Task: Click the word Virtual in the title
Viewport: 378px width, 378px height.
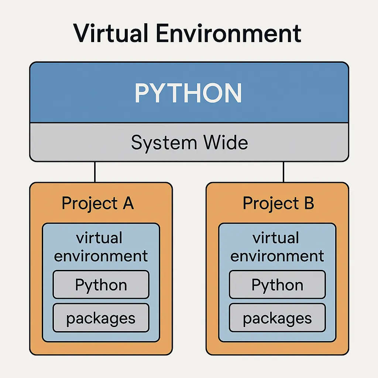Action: pyautogui.click(x=110, y=33)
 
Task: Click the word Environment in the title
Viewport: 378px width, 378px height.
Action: pyautogui.click(x=228, y=33)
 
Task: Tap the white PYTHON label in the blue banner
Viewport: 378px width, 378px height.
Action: pyautogui.click(x=188, y=93)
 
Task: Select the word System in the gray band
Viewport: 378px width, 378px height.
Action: pyautogui.click(x=164, y=143)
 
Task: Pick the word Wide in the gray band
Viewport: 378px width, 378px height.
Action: pyautogui.click(x=226, y=142)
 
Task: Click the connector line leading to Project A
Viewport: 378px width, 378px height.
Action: pyautogui.click(x=95, y=172)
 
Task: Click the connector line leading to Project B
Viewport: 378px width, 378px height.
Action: pyautogui.click(x=283, y=172)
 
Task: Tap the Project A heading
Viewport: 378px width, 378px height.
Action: pyautogui.click(x=97, y=204)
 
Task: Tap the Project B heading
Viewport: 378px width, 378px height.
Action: pyautogui.click(x=278, y=204)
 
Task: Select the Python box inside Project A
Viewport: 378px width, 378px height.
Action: pyautogui.click(x=101, y=285)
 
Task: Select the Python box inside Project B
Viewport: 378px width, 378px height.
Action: pyautogui.click(x=277, y=285)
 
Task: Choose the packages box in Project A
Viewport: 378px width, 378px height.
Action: pyautogui.click(x=101, y=318)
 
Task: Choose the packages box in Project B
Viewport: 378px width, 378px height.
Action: pyautogui.click(x=277, y=318)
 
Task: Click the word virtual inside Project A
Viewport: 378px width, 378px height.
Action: pyautogui.click(x=99, y=238)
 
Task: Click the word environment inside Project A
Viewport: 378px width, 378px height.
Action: pyautogui.click(x=101, y=256)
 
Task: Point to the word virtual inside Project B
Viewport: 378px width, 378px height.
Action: pyautogui.click(x=276, y=238)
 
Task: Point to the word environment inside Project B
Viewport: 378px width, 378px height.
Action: pyautogui.click(x=277, y=256)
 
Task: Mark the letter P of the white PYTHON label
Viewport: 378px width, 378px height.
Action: pyautogui.click(x=141, y=93)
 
